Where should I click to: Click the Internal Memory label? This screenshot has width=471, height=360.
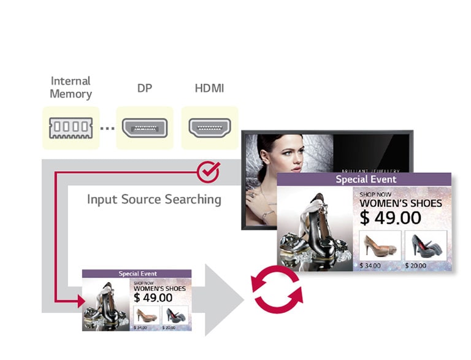71,88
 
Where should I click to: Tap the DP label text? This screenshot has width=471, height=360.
145,88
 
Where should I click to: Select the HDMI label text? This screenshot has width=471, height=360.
209,88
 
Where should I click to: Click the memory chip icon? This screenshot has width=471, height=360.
71,128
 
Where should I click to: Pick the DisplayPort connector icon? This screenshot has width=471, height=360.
145,128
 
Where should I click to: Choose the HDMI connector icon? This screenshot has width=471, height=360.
209,128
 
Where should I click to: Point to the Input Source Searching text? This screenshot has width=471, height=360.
154,199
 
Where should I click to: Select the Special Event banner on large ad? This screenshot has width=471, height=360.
366,180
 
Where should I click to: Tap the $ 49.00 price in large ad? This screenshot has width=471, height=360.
390,218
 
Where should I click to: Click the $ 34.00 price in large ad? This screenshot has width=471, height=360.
370,265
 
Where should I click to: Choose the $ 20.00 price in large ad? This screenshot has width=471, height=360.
416,265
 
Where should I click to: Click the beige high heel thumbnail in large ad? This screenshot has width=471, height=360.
380,245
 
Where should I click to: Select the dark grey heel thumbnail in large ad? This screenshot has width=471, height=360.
426,245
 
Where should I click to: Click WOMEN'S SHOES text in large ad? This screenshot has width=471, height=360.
400,203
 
